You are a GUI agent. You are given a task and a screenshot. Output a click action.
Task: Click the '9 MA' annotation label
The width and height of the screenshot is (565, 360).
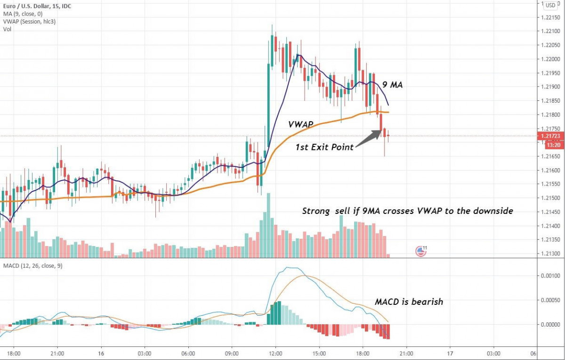click(392, 85)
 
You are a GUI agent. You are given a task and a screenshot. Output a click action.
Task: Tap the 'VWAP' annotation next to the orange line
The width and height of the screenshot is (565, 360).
click(302, 124)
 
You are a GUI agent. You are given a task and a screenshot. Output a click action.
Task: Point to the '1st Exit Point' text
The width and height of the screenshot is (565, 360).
click(325, 147)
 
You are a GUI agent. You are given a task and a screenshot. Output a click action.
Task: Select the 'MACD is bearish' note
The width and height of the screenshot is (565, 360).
click(409, 302)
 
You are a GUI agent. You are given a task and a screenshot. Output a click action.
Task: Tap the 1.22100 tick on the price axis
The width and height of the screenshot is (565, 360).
click(550, 31)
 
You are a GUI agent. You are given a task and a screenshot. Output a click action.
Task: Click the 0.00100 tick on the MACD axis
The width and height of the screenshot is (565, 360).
click(550, 275)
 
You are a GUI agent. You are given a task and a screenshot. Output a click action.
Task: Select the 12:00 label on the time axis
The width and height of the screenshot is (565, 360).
click(275, 353)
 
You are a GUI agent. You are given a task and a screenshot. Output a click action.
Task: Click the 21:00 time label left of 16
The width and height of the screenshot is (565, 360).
click(57, 353)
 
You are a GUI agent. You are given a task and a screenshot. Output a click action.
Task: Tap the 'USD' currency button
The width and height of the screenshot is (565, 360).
click(550, 5)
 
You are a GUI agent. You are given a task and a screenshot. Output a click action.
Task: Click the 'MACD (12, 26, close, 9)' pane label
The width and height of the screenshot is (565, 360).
click(32, 266)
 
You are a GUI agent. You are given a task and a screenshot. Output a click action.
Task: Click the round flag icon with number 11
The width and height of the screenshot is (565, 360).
click(420, 251)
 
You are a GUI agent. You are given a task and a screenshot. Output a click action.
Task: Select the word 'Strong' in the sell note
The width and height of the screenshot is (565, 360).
click(316, 212)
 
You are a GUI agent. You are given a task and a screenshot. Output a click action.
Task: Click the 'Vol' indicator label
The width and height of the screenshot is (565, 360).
click(7, 29)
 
